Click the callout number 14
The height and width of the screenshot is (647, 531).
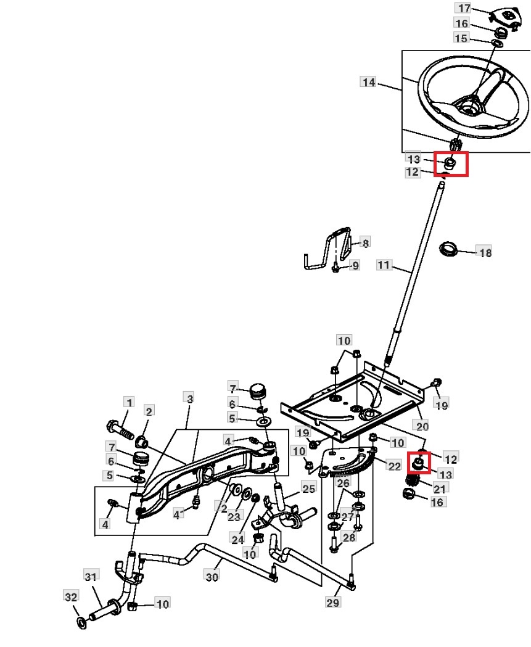coord(369,82)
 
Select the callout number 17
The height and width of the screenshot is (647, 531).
coord(464,8)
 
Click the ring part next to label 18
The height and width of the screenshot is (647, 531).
coord(450,250)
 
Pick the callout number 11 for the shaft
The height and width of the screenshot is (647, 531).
coord(384,265)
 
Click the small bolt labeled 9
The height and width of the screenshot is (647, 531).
coord(335,266)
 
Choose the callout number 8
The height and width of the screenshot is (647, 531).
coord(365,243)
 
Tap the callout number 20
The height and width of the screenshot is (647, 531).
coord(422,426)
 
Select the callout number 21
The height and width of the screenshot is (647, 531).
coord(439,488)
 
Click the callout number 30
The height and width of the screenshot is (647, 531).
coord(212,577)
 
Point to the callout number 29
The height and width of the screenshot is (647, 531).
coord(332,603)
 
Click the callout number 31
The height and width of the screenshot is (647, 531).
coord(91,576)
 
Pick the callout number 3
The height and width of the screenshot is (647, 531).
coord(189,399)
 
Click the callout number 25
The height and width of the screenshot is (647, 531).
coord(308,488)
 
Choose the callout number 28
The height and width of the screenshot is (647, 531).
coord(350,537)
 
